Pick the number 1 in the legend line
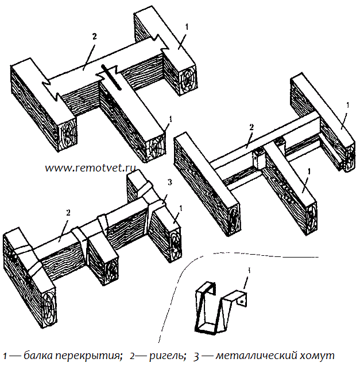point(5,356)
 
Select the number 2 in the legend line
point(133,356)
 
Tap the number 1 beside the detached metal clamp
point(248,270)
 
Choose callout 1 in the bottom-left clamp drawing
point(181,207)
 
